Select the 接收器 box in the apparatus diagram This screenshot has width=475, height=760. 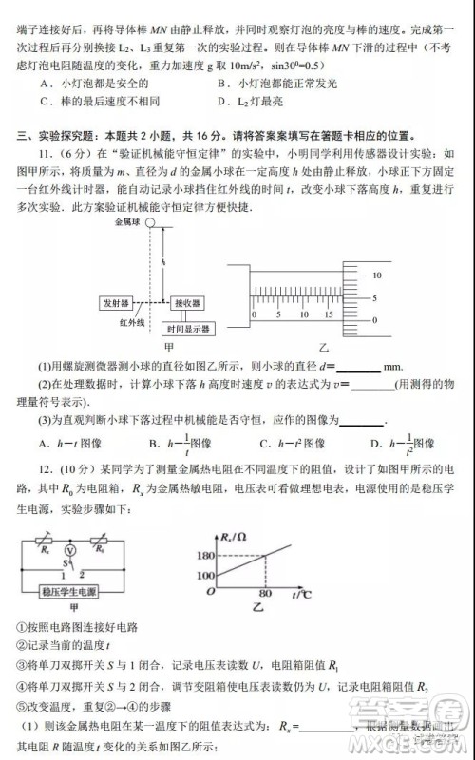(186, 303)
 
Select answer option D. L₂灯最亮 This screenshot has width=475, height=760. (248, 101)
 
